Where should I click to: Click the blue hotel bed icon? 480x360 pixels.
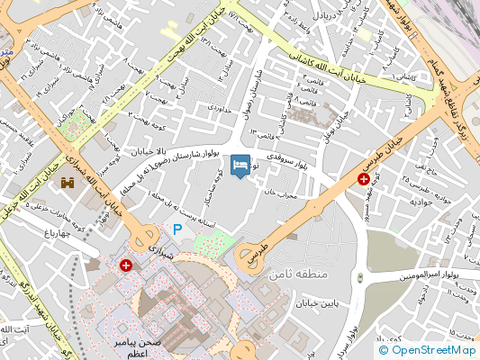[240, 165]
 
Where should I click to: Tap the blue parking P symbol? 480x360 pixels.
[177, 230]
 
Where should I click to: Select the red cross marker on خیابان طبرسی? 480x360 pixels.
[363, 180]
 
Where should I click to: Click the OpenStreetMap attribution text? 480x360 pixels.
[427, 350]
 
